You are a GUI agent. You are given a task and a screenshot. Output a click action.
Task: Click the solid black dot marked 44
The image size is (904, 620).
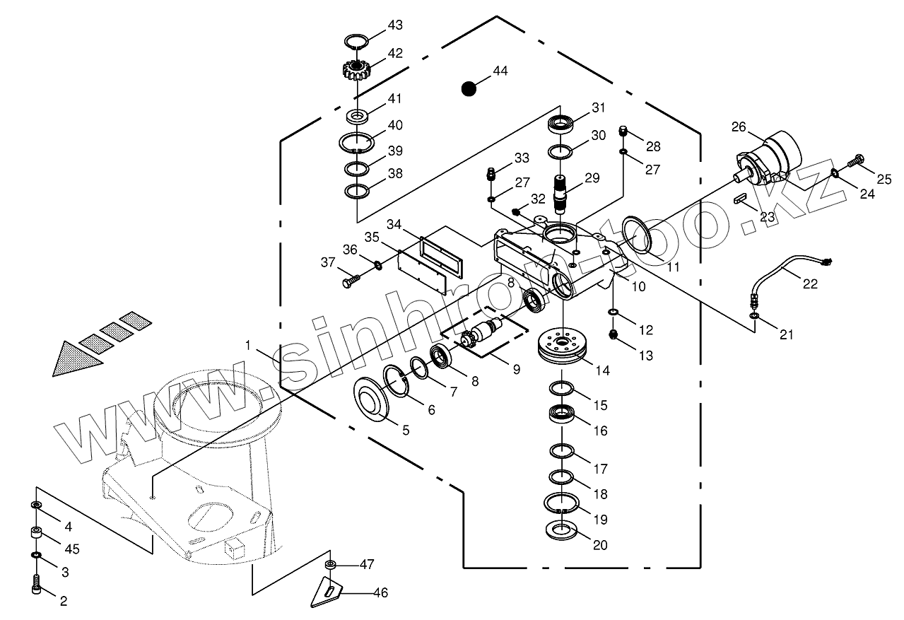click(469, 89)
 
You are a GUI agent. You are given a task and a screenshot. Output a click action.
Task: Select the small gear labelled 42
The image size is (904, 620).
click(356, 70)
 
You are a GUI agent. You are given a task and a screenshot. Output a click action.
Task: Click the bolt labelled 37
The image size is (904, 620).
click(351, 281)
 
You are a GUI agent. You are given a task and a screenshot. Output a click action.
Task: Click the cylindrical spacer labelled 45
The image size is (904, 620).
click(37, 532)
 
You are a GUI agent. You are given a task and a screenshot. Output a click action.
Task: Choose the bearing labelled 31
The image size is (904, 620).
click(560, 123)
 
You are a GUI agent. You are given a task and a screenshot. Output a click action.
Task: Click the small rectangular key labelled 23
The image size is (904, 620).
click(741, 198)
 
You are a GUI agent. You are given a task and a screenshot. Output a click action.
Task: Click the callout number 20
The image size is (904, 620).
click(600, 545)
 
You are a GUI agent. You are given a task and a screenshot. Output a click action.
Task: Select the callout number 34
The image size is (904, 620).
click(394, 224)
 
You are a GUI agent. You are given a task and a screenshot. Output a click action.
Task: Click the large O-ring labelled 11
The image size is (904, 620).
click(637, 235)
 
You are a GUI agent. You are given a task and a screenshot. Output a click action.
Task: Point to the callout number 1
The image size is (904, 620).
click(248, 346)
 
